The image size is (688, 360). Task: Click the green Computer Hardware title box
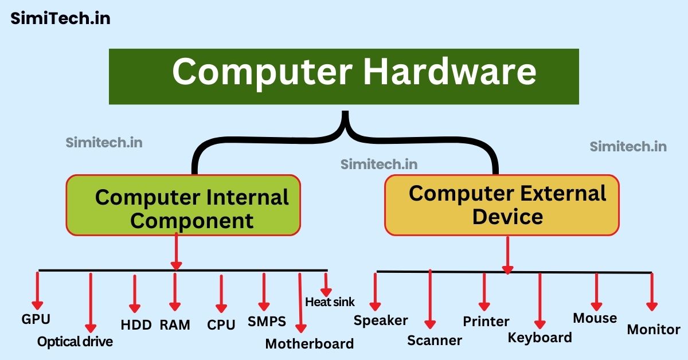(344, 76)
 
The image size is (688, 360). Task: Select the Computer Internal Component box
(183, 205)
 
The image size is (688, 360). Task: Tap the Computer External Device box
(502, 205)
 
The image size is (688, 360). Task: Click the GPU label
(36, 319)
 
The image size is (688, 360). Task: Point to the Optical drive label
(75, 342)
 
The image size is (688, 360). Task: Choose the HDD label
(136, 325)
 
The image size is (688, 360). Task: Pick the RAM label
(175, 325)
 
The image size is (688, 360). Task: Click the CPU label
(221, 325)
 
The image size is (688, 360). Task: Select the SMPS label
(267, 321)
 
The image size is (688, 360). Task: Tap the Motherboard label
(309, 344)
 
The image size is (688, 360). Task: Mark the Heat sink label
(330, 302)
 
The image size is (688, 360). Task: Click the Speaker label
(381, 320)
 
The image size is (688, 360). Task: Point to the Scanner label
(435, 341)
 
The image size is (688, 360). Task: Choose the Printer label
(486, 321)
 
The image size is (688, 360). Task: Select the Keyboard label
(540, 338)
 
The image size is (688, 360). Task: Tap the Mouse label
(595, 318)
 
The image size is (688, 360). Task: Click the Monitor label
(654, 330)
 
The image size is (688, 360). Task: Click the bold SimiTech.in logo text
(60, 18)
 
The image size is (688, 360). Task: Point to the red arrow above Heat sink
(326, 283)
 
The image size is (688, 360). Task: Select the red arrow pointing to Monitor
(651, 292)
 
